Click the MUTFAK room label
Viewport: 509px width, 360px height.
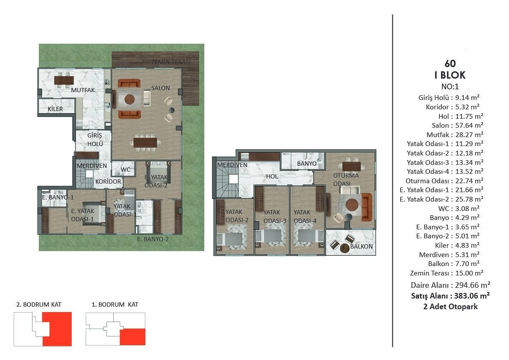[x=83, y=90]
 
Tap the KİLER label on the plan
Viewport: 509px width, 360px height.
[x=55, y=109]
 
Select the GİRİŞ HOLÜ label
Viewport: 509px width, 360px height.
[x=95, y=140]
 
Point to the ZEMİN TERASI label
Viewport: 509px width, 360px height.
[x=171, y=62]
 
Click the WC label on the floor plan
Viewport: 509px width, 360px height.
[x=125, y=170]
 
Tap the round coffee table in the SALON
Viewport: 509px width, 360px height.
[x=129, y=99]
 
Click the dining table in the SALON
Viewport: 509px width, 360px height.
[x=145, y=142]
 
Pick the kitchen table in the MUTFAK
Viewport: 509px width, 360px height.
[x=64, y=80]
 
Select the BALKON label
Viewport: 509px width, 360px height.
[x=361, y=246]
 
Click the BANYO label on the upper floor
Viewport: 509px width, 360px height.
[x=307, y=164]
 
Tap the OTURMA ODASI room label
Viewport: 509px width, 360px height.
[x=346, y=179]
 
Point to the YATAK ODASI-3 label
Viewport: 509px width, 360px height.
[x=275, y=217]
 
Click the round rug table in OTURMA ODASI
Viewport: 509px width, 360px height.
[x=352, y=205]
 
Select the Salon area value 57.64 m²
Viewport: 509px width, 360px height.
[x=469, y=125]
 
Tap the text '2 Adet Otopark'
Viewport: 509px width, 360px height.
[x=450, y=307]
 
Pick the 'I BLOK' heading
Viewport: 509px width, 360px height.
[x=450, y=75]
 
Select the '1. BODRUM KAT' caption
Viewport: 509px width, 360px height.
[x=115, y=304]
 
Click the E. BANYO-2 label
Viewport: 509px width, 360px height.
[x=153, y=239]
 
